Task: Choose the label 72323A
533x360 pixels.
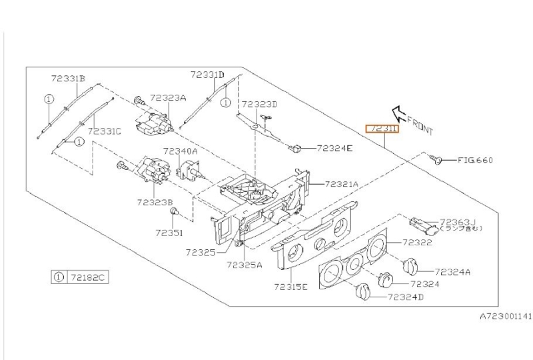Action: click(167, 97)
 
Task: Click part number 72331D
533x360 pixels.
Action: click(207, 75)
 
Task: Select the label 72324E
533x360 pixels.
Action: click(334, 148)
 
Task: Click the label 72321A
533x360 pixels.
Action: click(342, 183)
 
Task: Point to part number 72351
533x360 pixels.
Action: click(169, 233)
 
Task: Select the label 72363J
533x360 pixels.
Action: click(454, 221)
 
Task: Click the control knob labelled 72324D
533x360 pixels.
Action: click(362, 292)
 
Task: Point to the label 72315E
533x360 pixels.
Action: click(290, 287)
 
